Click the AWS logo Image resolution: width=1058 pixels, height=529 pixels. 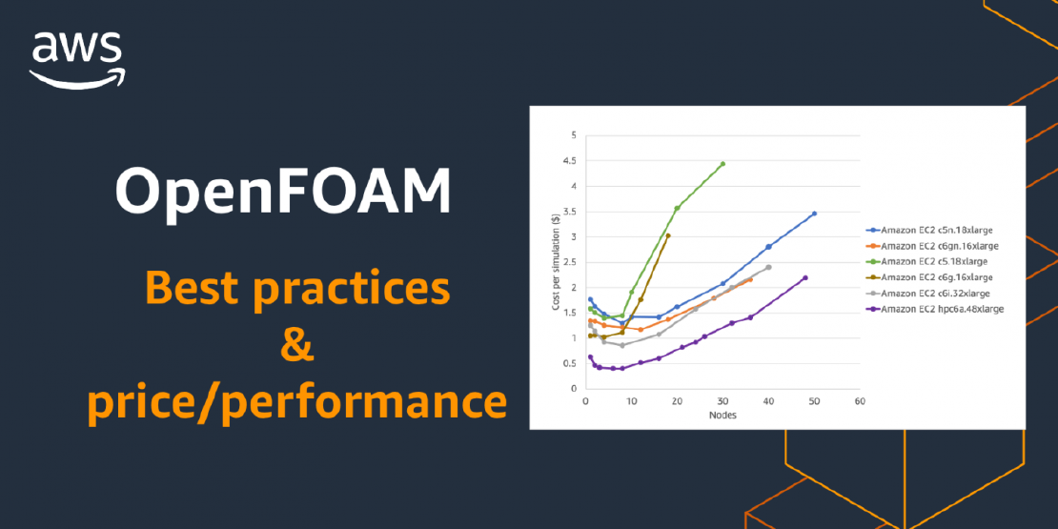[x=76, y=60]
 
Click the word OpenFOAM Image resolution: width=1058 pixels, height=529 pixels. [x=283, y=193]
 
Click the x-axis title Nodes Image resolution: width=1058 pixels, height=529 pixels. [x=722, y=416]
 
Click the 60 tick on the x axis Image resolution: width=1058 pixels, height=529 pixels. [x=860, y=401]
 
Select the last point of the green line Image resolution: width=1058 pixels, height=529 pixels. [x=722, y=163]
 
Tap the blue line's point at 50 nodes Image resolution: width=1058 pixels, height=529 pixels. [x=814, y=214]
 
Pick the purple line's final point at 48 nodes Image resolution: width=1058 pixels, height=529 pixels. [x=805, y=277]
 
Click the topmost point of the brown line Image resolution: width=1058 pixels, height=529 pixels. [x=668, y=235]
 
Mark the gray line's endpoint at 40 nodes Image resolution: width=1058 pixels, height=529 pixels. [x=768, y=267]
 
